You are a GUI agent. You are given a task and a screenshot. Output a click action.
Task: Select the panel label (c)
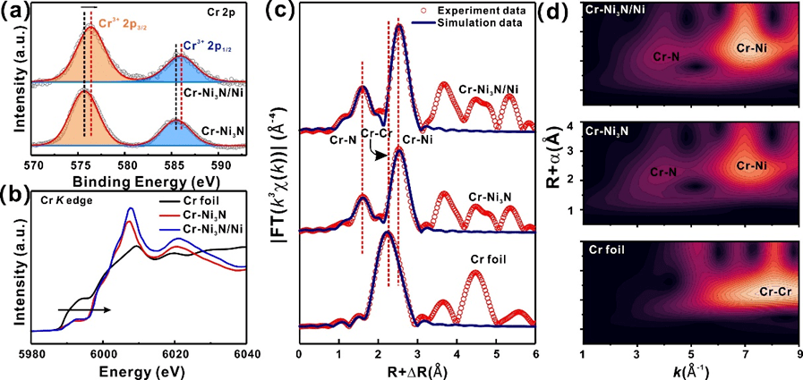[309, 12]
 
